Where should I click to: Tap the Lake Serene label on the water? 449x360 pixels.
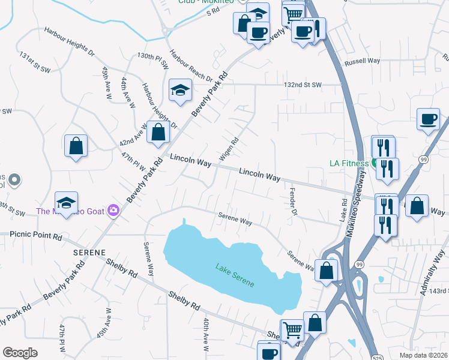click(235, 274)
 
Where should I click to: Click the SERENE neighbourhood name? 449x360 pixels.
click(89, 253)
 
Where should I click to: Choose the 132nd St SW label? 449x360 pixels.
click(303, 85)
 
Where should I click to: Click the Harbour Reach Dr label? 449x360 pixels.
click(190, 65)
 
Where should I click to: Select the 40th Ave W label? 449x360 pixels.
click(205, 334)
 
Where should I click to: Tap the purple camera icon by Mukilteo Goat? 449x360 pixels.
click(113, 211)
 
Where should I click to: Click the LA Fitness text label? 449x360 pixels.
click(348, 163)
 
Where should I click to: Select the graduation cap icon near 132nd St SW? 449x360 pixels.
click(179, 91)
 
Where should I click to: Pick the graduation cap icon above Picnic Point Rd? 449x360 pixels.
click(67, 202)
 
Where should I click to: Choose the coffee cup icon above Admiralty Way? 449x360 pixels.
click(429, 119)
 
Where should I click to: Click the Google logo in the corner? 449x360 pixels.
click(20, 353)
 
